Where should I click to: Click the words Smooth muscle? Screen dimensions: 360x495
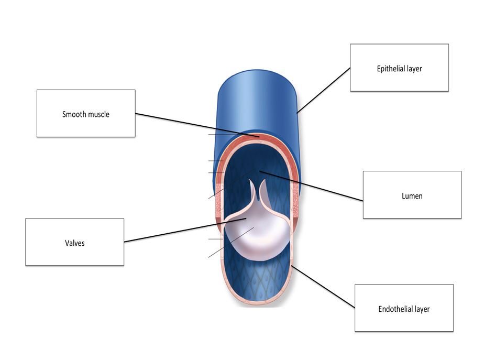(x=86, y=114)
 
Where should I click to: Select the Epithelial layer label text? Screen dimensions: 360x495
(x=399, y=69)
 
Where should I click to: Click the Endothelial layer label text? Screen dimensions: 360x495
(x=404, y=309)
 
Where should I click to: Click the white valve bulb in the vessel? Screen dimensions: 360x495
(x=257, y=233)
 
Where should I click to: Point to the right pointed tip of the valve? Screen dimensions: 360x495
(x=263, y=182)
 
